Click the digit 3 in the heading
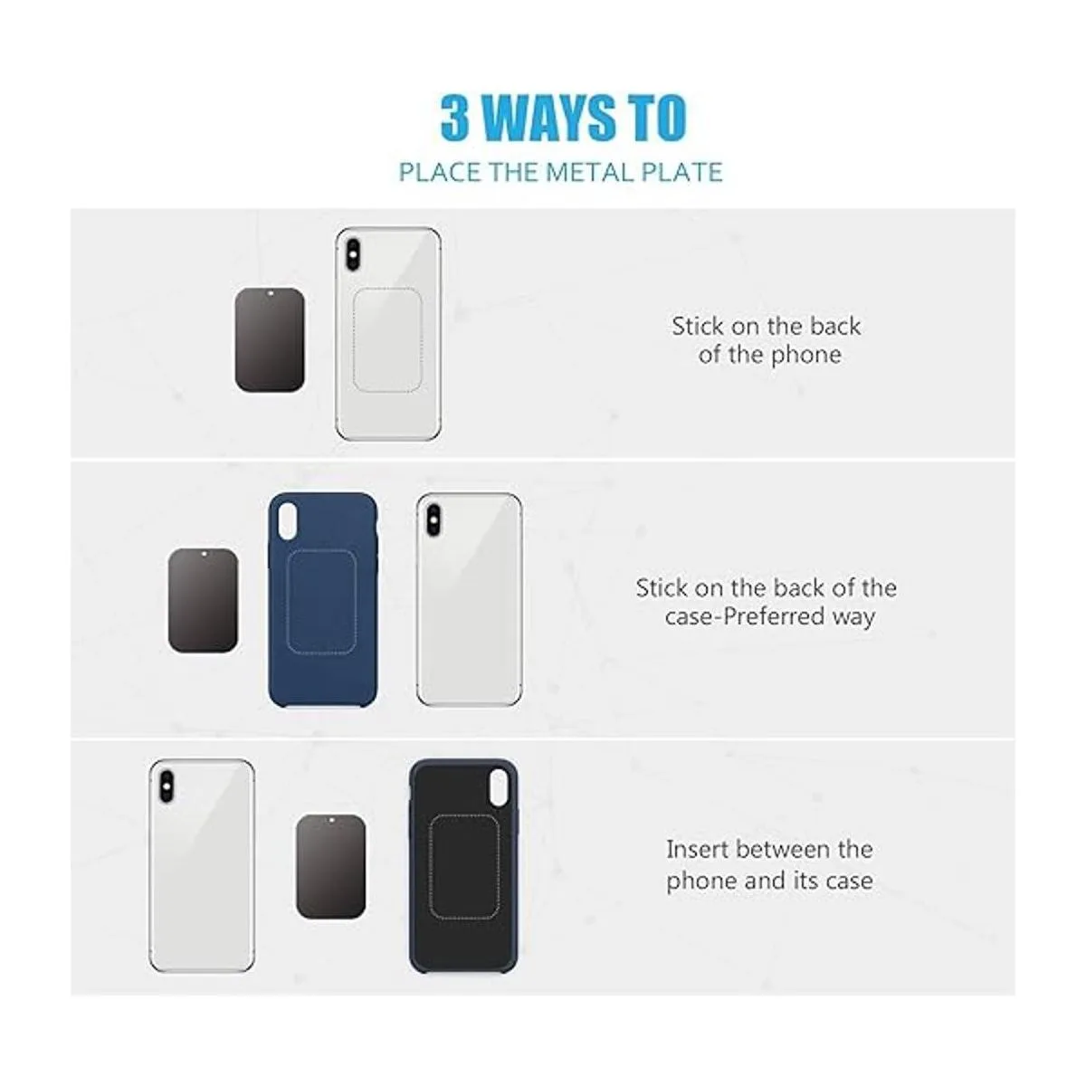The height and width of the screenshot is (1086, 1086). coord(455,118)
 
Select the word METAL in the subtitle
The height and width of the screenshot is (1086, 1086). coord(591,172)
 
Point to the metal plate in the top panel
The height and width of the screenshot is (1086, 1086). coord(270,340)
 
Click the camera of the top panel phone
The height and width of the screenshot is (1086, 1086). coord(353,254)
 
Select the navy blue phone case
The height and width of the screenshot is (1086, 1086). coord(323,600)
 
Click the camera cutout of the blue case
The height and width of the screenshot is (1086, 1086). coord(288,520)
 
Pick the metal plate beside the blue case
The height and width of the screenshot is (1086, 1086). coord(203,600)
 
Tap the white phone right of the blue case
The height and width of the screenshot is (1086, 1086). coord(469,600)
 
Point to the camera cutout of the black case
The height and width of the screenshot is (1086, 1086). coord(499,787)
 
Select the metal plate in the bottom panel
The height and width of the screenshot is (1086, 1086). coord(331,867)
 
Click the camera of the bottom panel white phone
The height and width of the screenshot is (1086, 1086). coord(167,787)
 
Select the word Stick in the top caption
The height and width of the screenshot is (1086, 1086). coord(698,327)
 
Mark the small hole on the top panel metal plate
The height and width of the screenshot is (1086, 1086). coord(270,293)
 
